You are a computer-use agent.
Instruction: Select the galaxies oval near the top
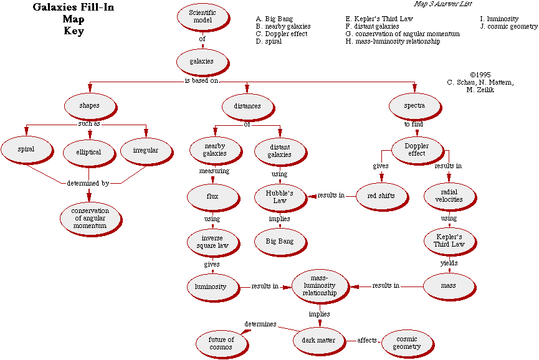point(202,62)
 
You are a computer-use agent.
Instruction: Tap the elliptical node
point(89,151)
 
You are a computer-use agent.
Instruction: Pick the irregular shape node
point(146,150)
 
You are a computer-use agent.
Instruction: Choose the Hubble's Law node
point(279,196)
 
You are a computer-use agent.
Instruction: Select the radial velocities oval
point(448,196)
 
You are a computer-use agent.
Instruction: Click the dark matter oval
point(318,340)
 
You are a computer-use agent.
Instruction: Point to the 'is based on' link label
point(201,81)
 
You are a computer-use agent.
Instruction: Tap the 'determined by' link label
point(88,184)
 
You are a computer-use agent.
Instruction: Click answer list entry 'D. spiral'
point(269,42)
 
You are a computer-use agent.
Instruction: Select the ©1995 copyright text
point(481,74)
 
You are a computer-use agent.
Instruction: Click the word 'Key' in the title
point(73,31)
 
